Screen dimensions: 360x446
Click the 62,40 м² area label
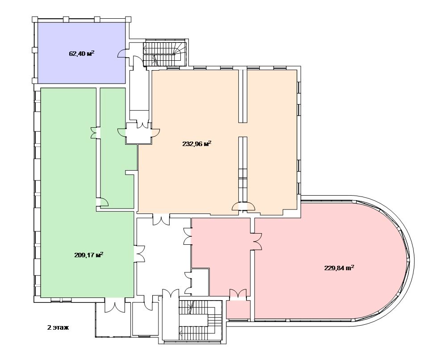tap(81, 54)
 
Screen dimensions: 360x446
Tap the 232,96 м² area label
tap(197, 144)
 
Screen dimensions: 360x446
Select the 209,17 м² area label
tap(89, 255)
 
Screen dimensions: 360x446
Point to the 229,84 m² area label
tap(339, 268)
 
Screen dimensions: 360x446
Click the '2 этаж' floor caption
tap(58, 327)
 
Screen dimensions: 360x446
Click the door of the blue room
tap(122, 54)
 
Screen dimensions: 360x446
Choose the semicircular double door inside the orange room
tap(243, 206)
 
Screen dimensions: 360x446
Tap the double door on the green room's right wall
tap(139, 253)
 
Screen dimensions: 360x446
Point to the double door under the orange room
tap(161, 219)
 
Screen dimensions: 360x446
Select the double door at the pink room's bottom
tap(238, 294)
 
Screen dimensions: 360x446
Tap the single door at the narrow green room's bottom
tap(102, 202)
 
